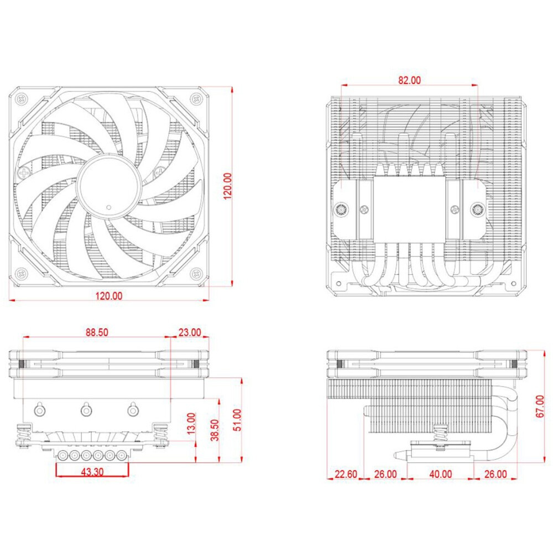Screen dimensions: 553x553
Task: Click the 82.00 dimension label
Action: [x=409, y=80]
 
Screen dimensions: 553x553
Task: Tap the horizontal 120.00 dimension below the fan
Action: [x=109, y=295]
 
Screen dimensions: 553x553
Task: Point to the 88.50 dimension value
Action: [x=97, y=333]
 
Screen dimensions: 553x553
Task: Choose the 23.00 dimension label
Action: [x=190, y=333]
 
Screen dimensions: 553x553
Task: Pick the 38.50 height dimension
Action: [x=215, y=430]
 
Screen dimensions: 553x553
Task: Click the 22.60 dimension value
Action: [x=346, y=473]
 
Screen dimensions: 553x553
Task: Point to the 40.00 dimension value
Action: [x=440, y=473]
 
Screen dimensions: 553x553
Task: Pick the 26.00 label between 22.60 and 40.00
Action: [x=385, y=473]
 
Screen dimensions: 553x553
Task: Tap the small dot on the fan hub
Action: [x=109, y=207]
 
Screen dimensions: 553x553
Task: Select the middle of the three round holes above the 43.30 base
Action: [x=86, y=410]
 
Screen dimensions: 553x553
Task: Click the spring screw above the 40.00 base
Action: [x=441, y=432]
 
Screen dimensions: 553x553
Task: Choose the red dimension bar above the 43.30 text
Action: [x=92, y=463]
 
